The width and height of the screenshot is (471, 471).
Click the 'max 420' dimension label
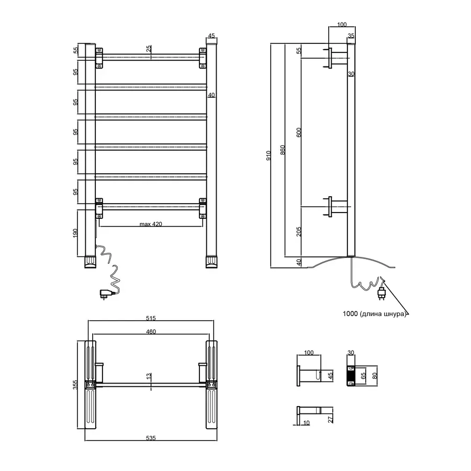pyautogui.click(x=151, y=224)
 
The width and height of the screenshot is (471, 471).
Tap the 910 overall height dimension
pyautogui.click(x=268, y=155)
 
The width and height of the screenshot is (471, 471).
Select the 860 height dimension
pyautogui.click(x=283, y=150)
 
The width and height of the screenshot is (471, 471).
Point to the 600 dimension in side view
pyautogui.click(x=299, y=132)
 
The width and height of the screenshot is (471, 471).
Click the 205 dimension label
pyautogui.click(x=299, y=232)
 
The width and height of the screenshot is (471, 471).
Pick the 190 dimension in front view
pyautogui.click(x=75, y=233)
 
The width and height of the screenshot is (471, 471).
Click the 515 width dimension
pyautogui.click(x=151, y=318)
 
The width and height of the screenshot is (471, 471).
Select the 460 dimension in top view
pyautogui.click(x=151, y=332)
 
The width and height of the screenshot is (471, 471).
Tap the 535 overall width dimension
pyautogui.click(x=151, y=438)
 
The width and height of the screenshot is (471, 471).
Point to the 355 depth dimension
pyautogui.click(x=75, y=385)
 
